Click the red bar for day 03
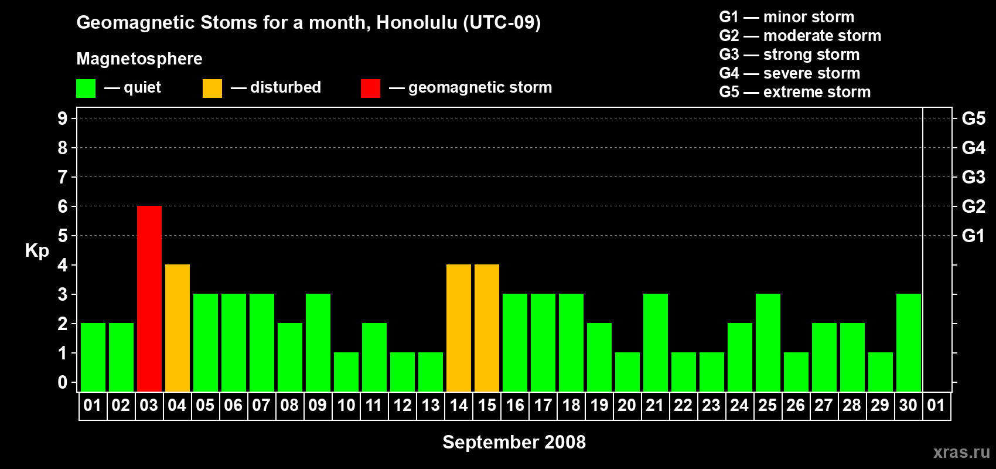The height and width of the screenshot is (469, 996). click(149, 298)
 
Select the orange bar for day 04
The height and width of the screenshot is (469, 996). click(178, 328)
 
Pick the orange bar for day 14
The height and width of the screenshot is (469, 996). click(459, 328)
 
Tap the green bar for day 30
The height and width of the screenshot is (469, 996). click(909, 342)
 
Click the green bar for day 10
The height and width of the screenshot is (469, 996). click(346, 372)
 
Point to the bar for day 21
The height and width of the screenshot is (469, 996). click(656, 342)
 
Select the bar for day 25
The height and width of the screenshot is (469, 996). click(768, 342)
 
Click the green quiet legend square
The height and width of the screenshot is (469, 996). click(86, 88)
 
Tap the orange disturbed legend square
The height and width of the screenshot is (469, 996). click(213, 88)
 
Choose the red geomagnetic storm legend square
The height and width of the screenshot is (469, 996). click(371, 88)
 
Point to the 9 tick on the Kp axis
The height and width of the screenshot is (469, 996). click(62, 118)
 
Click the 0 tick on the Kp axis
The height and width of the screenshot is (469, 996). click(62, 382)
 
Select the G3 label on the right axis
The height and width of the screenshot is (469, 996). click(974, 177)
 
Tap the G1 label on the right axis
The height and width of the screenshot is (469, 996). click(974, 236)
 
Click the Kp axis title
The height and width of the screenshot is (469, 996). click(37, 251)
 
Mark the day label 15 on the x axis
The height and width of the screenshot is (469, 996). click(487, 405)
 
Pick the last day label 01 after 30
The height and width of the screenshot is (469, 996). click(936, 405)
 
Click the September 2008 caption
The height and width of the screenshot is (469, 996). click(514, 442)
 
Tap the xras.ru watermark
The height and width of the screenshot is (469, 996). click(961, 453)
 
